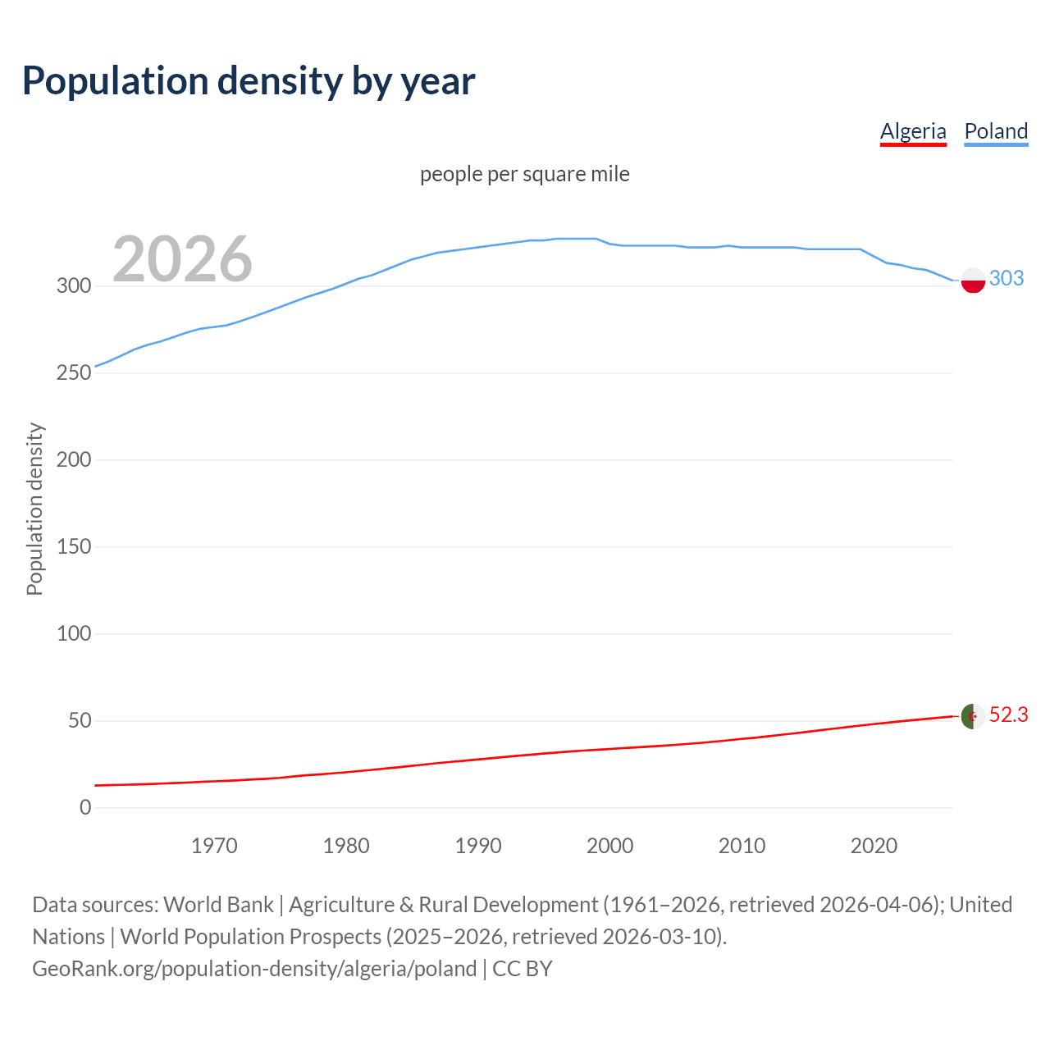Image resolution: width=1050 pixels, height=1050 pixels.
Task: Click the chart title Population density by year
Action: [249, 81]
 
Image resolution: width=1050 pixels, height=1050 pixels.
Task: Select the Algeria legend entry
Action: [913, 131]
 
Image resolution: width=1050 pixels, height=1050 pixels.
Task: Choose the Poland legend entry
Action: [996, 131]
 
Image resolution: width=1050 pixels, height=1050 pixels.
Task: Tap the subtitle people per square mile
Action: [524, 174]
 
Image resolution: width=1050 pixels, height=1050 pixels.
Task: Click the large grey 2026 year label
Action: [182, 259]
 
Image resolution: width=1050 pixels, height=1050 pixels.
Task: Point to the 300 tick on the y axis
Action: [73, 285]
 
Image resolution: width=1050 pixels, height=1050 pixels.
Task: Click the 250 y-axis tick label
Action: [73, 372]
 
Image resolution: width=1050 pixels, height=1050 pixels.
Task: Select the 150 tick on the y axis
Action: [73, 546]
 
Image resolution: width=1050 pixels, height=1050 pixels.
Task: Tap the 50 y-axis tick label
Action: [79, 720]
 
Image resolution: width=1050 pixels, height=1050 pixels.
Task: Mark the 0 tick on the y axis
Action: [85, 807]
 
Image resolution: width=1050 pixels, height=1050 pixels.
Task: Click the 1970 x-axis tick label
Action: [214, 846]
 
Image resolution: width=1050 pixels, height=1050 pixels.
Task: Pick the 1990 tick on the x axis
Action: [478, 846]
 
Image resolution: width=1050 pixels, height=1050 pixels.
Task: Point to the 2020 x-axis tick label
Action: [874, 846]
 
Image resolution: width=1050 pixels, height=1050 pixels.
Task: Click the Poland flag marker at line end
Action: [973, 280]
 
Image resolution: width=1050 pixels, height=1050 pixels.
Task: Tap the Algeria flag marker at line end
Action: [973, 716]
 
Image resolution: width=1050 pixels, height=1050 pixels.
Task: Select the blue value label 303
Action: [1007, 278]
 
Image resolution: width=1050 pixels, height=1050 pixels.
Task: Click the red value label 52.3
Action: [1008, 714]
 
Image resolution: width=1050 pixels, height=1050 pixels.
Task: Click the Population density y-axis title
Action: [34, 509]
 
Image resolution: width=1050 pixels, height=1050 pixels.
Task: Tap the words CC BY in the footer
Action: [523, 968]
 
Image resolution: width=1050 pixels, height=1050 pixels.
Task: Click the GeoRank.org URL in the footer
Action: [254, 968]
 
